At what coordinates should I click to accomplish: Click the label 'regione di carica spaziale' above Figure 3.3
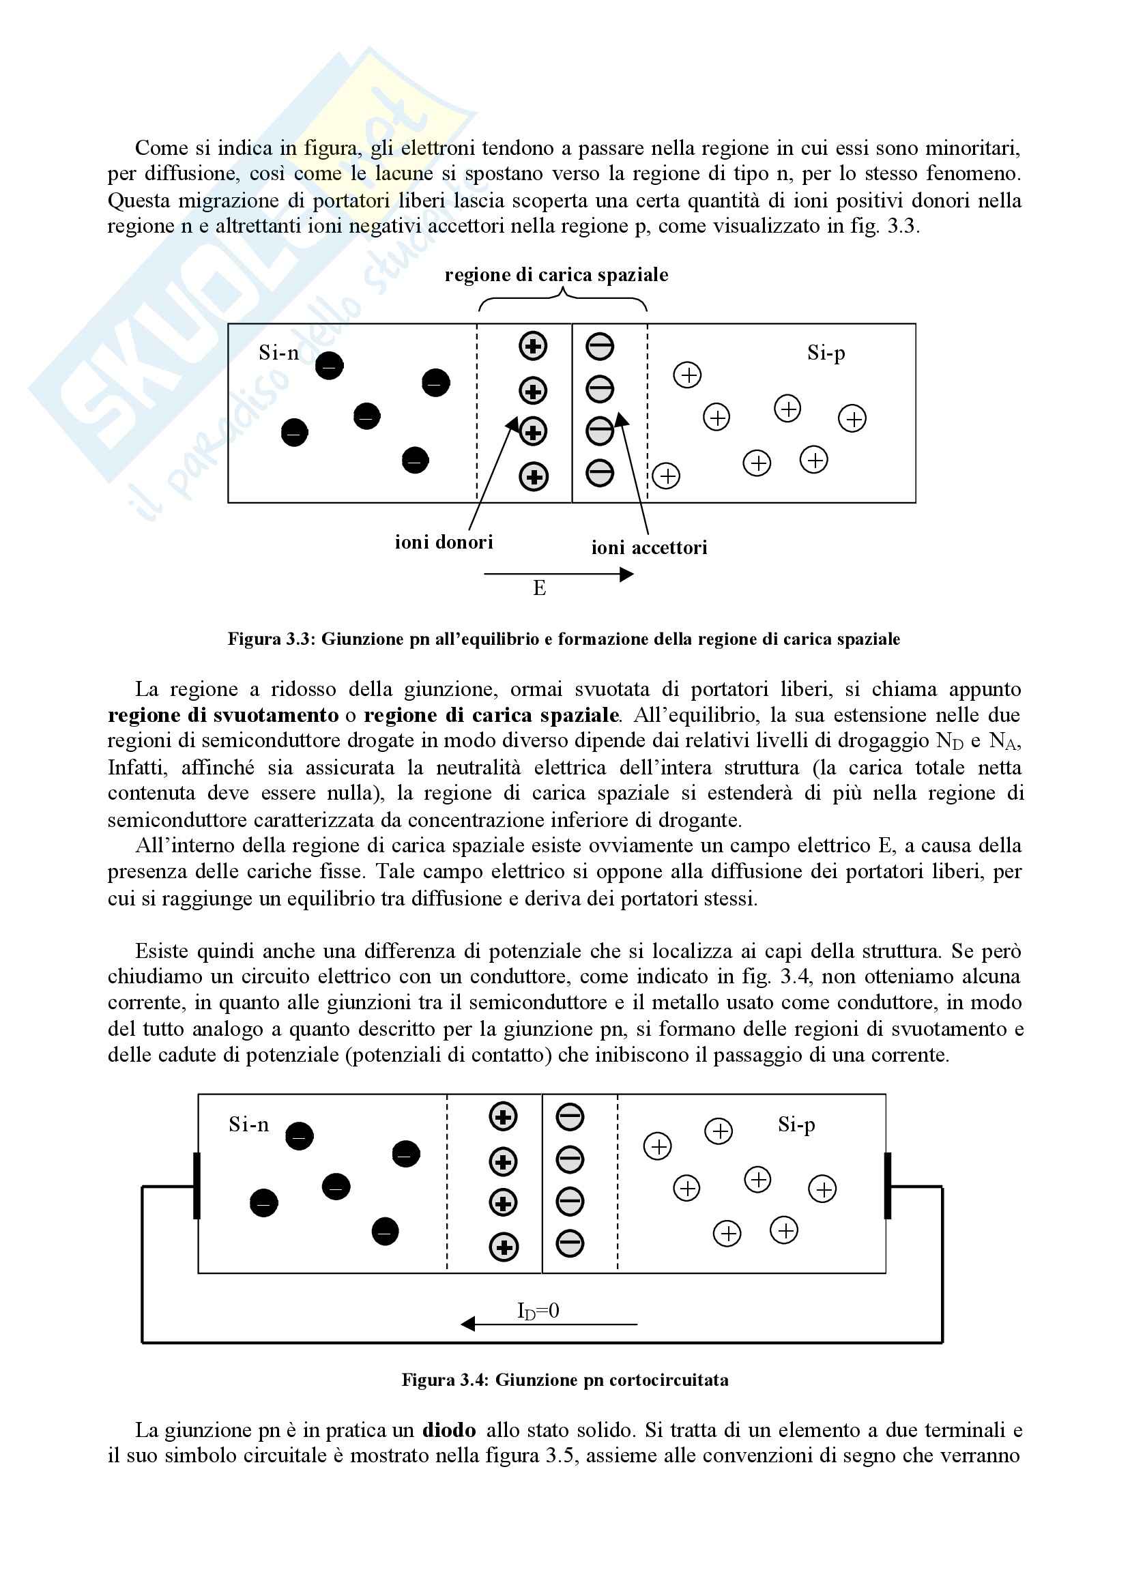[556, 275]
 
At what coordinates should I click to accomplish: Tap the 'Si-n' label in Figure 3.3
[278, 353]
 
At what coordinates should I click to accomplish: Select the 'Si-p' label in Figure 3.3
[826, 353]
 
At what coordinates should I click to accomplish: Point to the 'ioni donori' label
[444, 542]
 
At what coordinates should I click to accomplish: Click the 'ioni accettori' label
[649, 547]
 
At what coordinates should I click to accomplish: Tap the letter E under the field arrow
[539, 589]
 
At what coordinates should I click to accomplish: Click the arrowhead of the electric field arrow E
[627, 574]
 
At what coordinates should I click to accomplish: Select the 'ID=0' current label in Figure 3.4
[538, 1311]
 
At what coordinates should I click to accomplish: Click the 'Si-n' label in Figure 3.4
[248, 1125]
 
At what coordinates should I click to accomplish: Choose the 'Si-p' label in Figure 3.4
[796, 1125]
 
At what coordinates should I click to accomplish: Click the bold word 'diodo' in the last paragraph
[449, 1430]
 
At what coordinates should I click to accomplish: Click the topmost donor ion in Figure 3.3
[533, 347]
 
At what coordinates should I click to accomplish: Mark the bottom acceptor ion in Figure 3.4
[570, 1244]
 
